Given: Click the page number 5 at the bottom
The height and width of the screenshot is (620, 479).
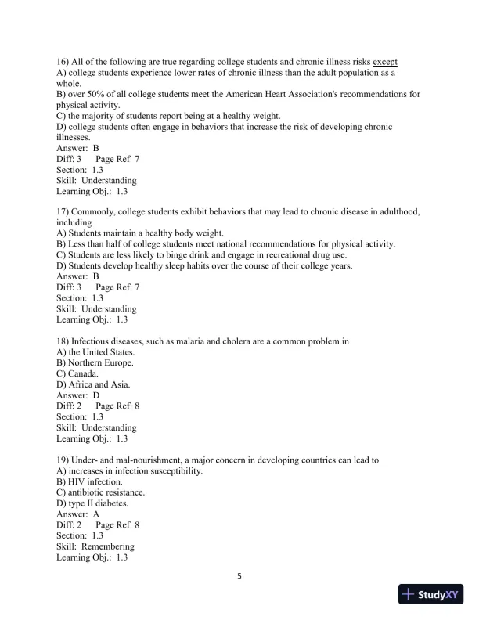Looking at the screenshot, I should click(239, 577).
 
